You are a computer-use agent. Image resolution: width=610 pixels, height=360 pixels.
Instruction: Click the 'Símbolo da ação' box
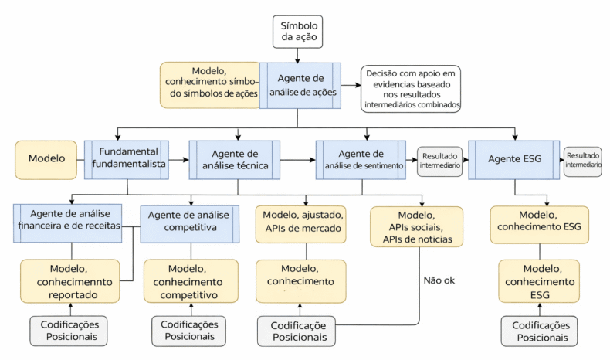pos(298,31)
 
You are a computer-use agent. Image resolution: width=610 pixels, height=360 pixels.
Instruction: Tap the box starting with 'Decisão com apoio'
pos(411,89)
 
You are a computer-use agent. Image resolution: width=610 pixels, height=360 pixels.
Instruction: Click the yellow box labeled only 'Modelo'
pos(46,159)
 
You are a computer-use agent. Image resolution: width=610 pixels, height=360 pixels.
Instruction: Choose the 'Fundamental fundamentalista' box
pos(128,158)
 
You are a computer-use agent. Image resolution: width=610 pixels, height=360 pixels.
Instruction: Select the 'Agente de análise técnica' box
pos(234,159)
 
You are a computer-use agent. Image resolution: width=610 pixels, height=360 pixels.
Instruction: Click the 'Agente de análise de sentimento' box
pos(361,159)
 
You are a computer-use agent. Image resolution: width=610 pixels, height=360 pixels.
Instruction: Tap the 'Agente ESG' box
pos(513,159)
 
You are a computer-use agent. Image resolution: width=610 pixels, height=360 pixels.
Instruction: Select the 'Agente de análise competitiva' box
pos(189,222)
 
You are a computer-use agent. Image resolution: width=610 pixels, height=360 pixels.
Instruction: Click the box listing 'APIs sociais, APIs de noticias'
pos(417,226)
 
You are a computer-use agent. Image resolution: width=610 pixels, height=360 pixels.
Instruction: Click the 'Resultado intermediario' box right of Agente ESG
pos(582,161)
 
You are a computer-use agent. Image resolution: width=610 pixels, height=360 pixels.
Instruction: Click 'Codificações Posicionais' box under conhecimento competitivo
pos(189,331)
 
